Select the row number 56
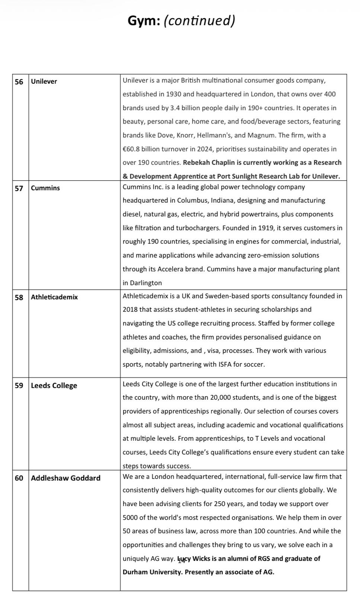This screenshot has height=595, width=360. [19, 81]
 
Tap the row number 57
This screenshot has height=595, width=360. [19, 188]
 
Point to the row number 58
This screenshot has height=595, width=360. [19, 297]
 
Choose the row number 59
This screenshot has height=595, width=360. [19, 386]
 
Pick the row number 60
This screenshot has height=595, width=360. [19, 478]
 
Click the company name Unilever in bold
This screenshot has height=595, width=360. [44, 81]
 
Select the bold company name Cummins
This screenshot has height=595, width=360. [45, 188]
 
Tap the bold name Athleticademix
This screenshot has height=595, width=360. [54, 297]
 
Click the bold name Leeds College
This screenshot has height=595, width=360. [54, 386]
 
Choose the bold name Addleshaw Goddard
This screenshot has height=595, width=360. [65, 478]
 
